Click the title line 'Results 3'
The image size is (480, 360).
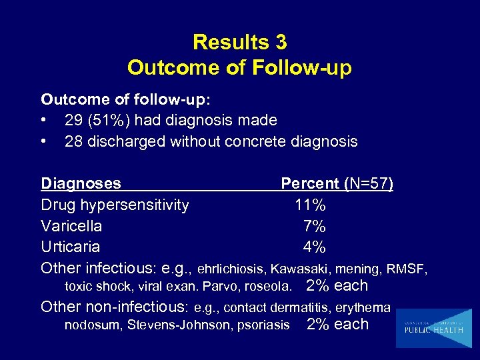[x=239, y=43]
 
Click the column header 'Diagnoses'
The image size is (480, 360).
[x=81, y=183]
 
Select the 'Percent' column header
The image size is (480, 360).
[x=310, y=183]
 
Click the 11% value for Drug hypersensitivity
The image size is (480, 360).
[x=310, y=205]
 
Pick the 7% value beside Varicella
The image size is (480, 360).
[x=314, y=226]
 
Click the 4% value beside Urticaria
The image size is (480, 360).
[x=314, y=247]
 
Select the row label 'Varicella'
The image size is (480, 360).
[x=71, y=226]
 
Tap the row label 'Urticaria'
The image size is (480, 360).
[x=70, y=247]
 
